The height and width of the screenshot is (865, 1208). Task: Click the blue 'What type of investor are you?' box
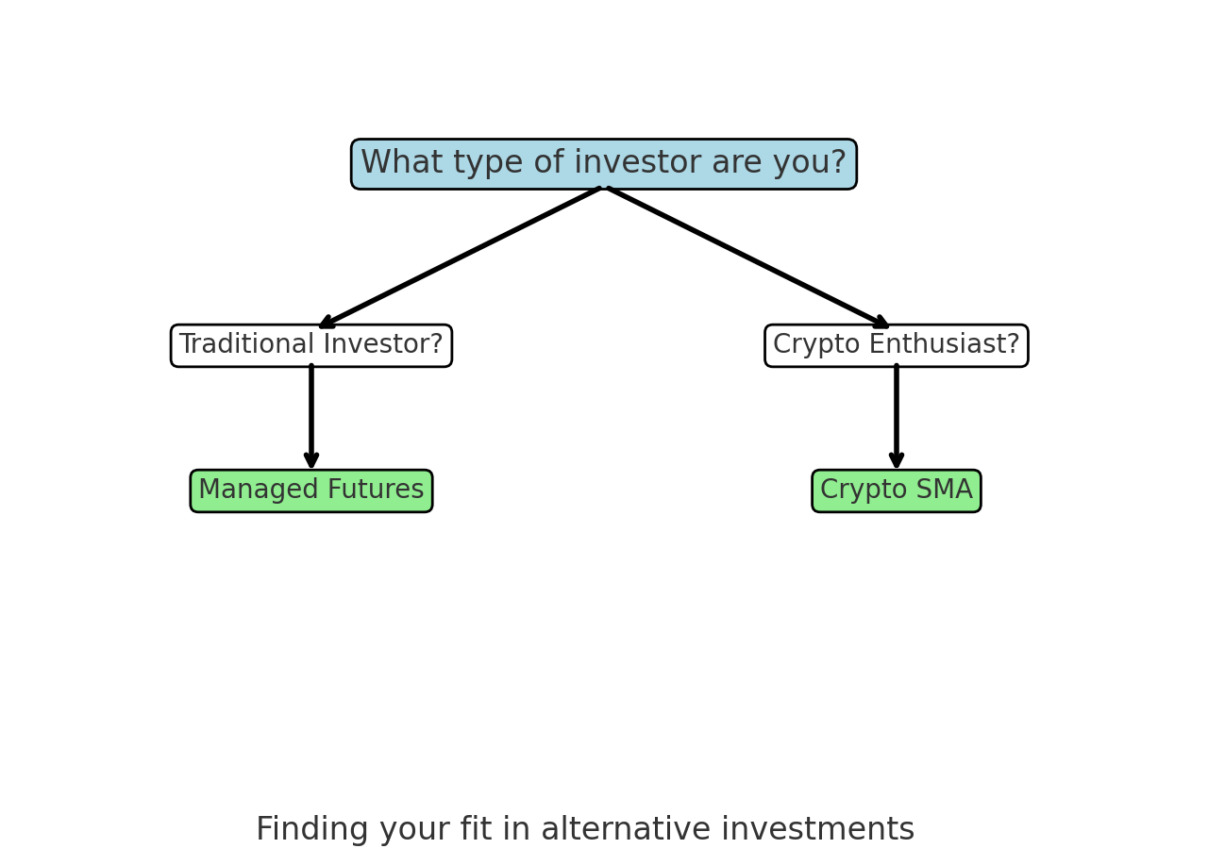[x=604, y=164]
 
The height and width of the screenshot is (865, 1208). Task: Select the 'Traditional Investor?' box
[x=311, y=345]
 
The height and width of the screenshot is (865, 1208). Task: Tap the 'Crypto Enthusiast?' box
[x=897, y=345]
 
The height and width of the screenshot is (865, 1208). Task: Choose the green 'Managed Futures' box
[x=311, y=491]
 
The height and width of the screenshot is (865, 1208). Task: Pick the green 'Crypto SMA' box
[x=897, y=491]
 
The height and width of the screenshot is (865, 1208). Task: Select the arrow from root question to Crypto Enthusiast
[x=748, y=258]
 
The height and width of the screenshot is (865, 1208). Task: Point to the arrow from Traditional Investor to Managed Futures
[x=311, y=417]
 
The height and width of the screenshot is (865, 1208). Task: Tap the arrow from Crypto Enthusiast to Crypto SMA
[x=897, y=417]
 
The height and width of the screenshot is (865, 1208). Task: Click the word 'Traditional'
[x=247, y=343]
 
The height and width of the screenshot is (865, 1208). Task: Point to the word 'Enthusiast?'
[x=945, y=343]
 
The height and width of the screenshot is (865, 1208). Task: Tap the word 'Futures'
[x=376, y=489]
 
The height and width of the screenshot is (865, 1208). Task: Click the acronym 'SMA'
[x=945, y=489]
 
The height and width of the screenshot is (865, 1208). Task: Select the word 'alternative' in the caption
[x=626, y=828]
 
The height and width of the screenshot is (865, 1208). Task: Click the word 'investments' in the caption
[x=817, y=828]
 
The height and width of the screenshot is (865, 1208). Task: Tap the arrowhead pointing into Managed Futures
[x=311, y=460]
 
